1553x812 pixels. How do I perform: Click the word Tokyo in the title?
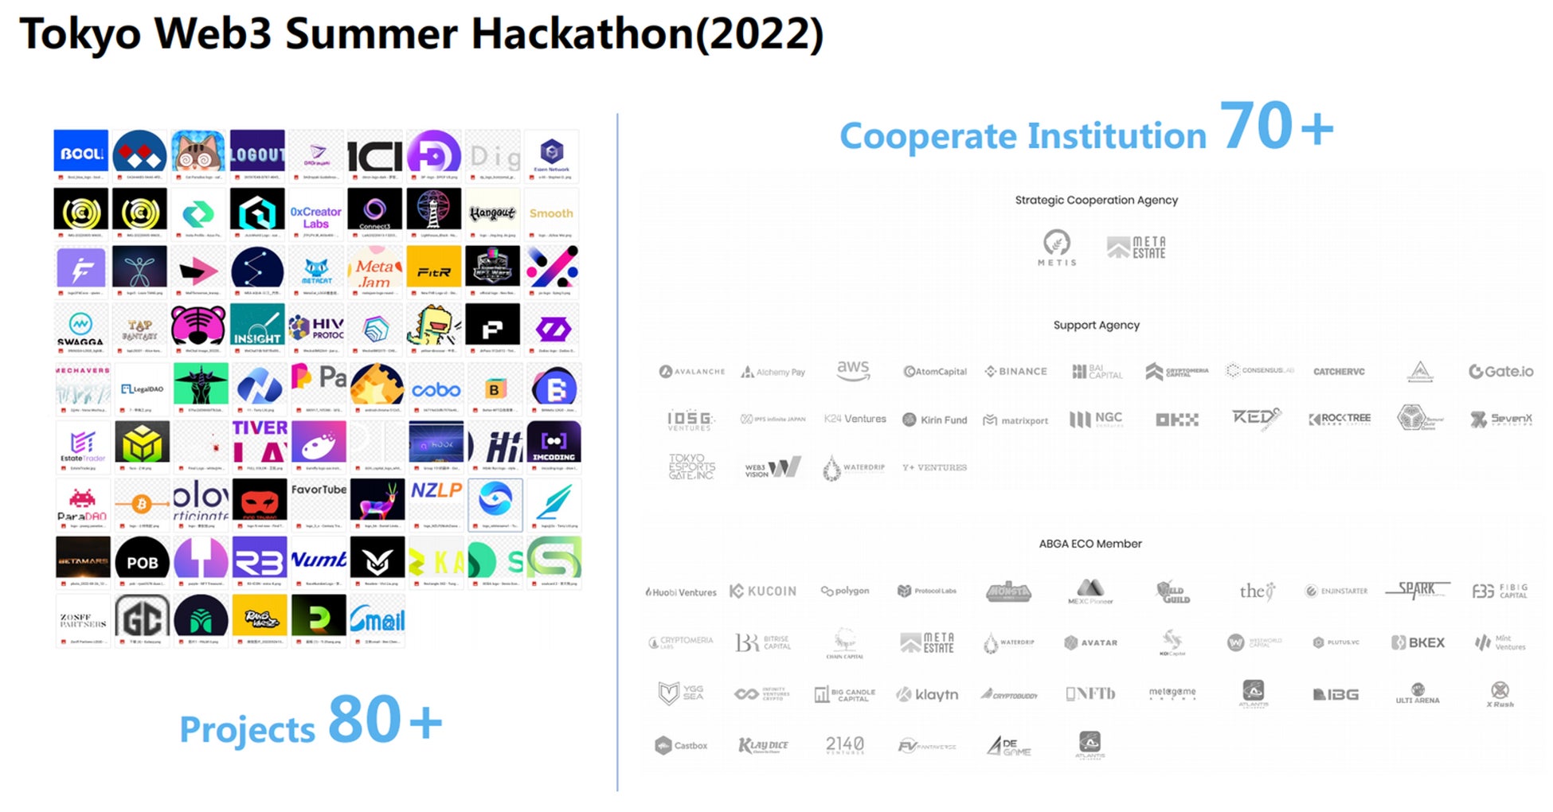pyautogui.click(x=80, y=34)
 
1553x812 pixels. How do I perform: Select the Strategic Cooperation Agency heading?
pyautogui.click(x=1096, y=200)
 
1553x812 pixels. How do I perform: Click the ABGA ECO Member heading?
pyautogui.click(x=1090, y=544)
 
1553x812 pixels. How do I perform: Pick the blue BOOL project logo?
pyautogui.click(x=81, y=153)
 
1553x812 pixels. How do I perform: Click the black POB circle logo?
pyautogui.click(x=143, y=561)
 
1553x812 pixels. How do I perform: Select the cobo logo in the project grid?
pyautogui.click(x=436, y=390)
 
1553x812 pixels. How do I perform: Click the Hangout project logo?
pyautogui.click(x=492, y=213)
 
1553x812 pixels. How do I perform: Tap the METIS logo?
pyautogui.click(x=1057, y=247)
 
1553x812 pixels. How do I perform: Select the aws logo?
pyautogui.click(x=853, y=369)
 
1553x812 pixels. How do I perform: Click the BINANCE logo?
pyautogui.click(x=1016, y=372)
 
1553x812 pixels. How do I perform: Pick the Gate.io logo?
pyautogui.click(x=1500, y=371)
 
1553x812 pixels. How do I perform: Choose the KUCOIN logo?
pyautogui.click(x=763, y=591)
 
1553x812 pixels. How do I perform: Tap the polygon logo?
pyautogui.click(x=845, y=591)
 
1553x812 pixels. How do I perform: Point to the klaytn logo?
pyautogui.click(x=927, y=694)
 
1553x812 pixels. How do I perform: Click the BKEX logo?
pyautogui.click(x=1418, y=642)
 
